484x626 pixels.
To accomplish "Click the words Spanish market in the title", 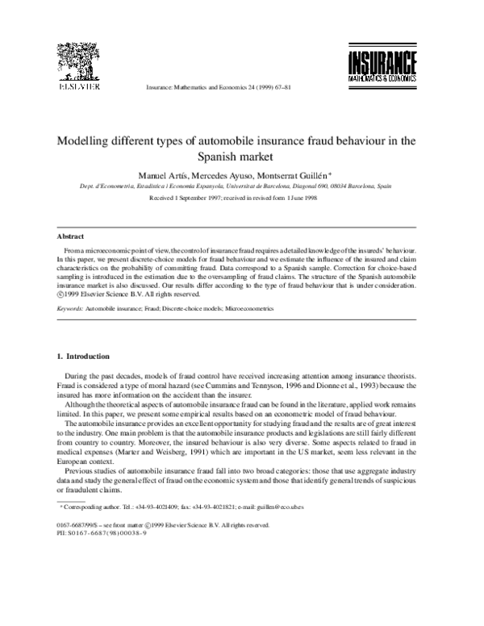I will (242, 156).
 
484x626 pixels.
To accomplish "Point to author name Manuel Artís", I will (185, 175).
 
